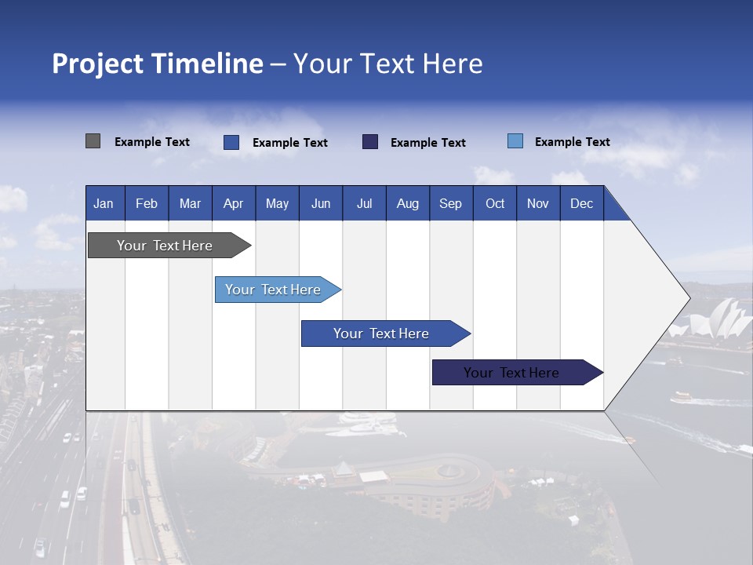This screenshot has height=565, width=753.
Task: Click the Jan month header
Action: click(x=104, y=203)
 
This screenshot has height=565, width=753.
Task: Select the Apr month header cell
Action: click(x=233, y=203)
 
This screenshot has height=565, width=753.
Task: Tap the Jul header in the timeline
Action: click(x=364, y=203)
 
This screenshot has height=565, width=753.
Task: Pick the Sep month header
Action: click(x=450, y=203)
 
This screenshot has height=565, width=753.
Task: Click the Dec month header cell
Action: click(x=581, y=203)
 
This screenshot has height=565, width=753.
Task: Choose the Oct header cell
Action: click(x=494, y=203)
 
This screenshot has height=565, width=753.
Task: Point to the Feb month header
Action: click(x=147, y=203)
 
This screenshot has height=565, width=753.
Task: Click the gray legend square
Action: click(x=93, y=141)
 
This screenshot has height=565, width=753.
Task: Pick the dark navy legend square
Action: click(x=370, y=141)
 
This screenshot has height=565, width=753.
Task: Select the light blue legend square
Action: click(x=515, y=141)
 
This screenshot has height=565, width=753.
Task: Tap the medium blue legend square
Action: click(x=231, y=142)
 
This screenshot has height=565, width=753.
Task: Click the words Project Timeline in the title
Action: click(x=158, y=64)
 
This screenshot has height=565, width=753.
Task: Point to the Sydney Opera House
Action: click(x=718, y=322)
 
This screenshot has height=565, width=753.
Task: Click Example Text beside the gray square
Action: click(x=152, y=142)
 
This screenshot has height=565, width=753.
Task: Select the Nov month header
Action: click(x=538, y=203)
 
